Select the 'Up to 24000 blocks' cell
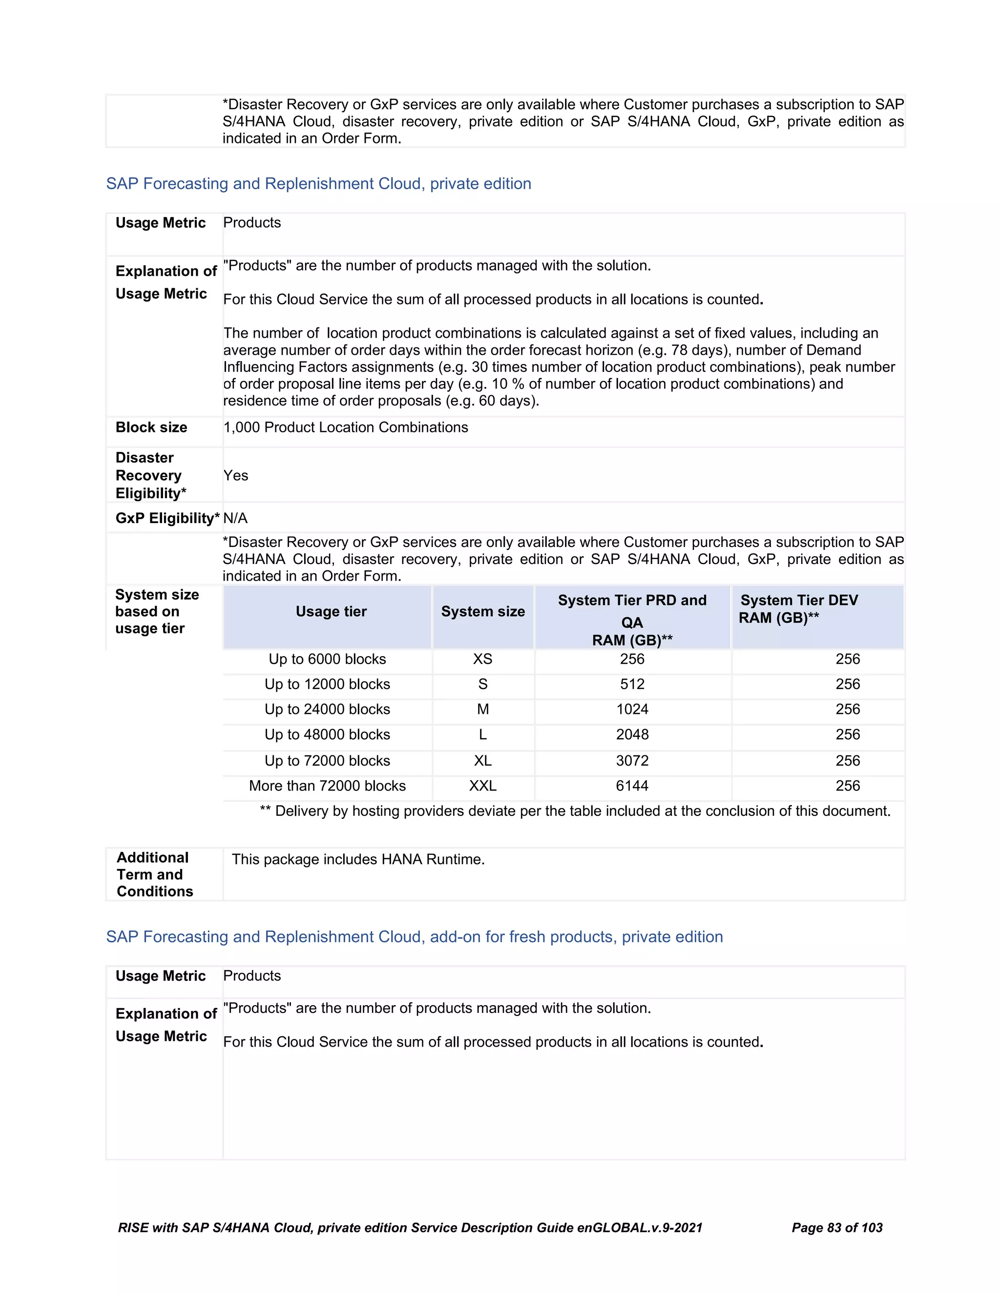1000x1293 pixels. point(327,709)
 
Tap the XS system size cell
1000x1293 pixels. point(483,659)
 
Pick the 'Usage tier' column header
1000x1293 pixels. point(331,611)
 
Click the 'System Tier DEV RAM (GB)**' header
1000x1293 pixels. point(798,609)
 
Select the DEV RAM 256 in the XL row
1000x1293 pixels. point(847,761)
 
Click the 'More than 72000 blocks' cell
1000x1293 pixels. point(327,786)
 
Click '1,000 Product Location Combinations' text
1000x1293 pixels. point(345,427)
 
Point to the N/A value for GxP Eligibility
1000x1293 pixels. point(235,518)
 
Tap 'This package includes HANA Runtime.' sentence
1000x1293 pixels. point(358,859)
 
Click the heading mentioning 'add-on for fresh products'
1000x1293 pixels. point(414,937)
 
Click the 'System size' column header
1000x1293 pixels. point(483,611)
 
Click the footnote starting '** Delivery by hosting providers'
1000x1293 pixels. point(575,811)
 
